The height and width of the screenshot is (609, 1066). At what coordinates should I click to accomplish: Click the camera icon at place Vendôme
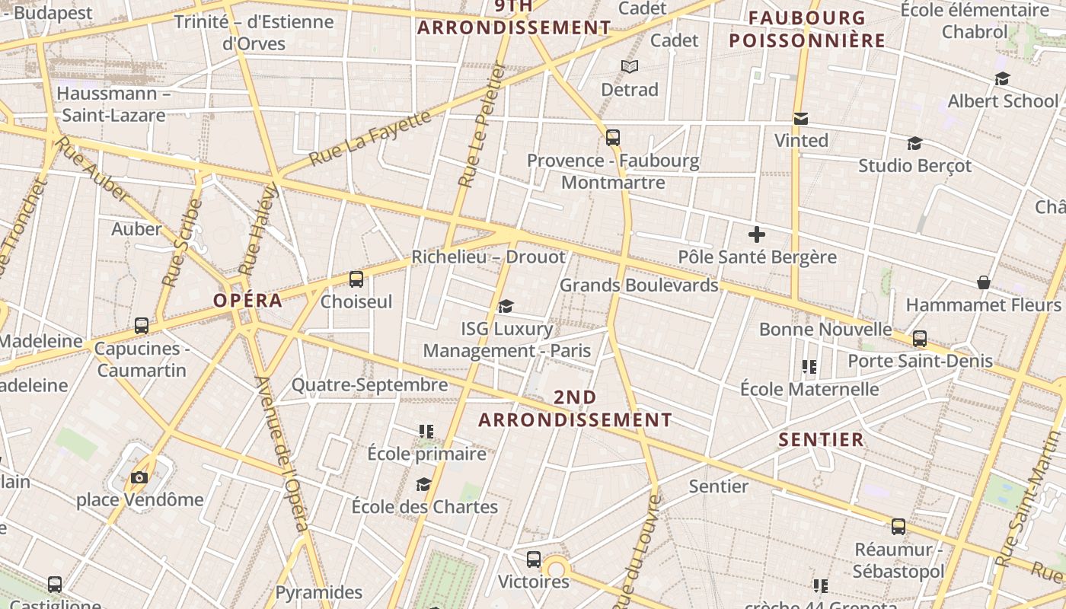click(139, 477)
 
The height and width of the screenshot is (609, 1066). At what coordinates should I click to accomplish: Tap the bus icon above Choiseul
click(356, 279)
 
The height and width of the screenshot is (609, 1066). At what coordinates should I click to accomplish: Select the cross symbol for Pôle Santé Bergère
click(756, 234)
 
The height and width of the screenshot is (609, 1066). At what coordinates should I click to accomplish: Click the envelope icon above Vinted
click(801, 118)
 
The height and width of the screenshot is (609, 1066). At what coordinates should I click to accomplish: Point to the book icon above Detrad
click(629, 67)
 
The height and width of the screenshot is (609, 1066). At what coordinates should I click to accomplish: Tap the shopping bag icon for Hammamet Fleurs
click(984, 282)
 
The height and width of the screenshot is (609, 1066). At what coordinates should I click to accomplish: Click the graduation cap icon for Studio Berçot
click(914, 143)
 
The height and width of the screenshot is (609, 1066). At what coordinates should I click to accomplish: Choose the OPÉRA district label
click(247, 301)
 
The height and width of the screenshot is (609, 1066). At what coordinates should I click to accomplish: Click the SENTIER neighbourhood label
click(821, 439)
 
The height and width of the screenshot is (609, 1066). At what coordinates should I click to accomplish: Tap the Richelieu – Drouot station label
click(488, 257)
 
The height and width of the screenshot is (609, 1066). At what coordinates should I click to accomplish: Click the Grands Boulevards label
click(639, 285)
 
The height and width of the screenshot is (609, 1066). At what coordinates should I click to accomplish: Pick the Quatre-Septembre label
click(369, 385)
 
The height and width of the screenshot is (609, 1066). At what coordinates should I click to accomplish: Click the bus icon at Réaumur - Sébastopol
click(898, 526)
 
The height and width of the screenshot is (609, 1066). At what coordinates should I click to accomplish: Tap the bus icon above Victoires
click(533, 560)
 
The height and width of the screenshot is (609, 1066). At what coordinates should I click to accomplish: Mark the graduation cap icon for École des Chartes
click(423, 484)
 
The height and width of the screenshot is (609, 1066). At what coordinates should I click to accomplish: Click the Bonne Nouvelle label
click(825, 330)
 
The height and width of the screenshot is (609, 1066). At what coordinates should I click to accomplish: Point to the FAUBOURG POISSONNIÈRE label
click(807, 29)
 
